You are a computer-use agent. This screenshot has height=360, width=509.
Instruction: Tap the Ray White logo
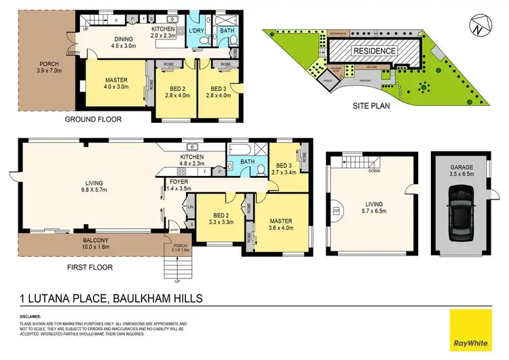click(x=472, y=327)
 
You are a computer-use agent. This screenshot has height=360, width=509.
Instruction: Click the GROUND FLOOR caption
click(x=93, y=120)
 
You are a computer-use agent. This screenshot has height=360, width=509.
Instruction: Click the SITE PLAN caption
click(x=371, y=107)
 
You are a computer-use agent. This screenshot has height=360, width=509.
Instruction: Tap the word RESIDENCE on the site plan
click(x=375, y=50)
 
